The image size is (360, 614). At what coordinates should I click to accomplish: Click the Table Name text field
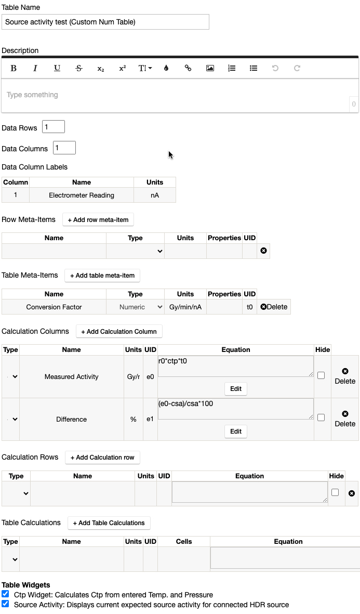[105, 22]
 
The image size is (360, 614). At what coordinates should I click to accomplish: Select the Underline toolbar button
[57, 68]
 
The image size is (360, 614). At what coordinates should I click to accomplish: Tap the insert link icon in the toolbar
[188, 68]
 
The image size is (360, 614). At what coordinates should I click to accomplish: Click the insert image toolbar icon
[210, 68]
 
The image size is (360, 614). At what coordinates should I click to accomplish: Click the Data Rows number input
[54, 127]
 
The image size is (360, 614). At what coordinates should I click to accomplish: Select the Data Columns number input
[64, 148]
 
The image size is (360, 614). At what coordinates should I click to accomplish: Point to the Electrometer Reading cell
[82, 195]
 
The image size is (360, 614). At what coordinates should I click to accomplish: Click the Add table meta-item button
[102, 276]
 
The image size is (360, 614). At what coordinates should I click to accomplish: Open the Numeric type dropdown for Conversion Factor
[135, 307]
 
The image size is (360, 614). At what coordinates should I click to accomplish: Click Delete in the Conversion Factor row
[274, 307]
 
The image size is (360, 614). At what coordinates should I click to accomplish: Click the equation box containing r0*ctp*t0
[235, 366]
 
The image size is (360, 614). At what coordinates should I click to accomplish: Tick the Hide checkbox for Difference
[321, 417]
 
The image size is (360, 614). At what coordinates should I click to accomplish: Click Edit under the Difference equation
[236, 432]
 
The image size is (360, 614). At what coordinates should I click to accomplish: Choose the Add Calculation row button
[102, 458]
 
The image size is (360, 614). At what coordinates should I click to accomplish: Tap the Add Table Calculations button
[109, 523]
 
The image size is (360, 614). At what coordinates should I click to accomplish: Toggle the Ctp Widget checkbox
[5, 594]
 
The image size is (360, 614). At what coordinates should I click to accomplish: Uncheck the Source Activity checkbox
[5, 604]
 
